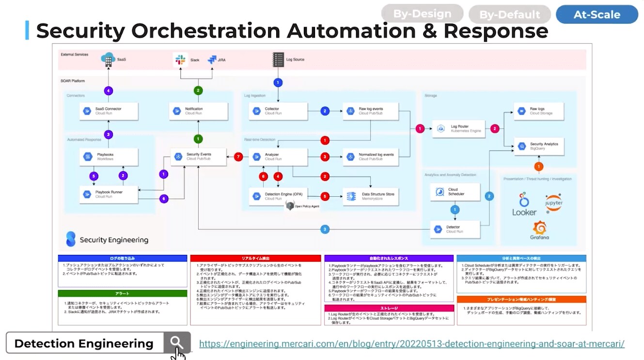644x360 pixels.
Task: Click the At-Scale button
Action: click(597, 15)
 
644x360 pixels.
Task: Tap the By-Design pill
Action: click(422, 14)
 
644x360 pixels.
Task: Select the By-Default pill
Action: click(509, 15)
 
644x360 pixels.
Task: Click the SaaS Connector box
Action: click(109, 111)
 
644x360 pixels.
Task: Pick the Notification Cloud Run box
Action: click(199, 111)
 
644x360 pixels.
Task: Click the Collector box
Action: click(278, 111)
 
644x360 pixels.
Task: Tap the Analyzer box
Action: click(278, 157)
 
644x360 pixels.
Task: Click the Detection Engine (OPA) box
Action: click(278, 196)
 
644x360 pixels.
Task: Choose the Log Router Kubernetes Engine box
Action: click(458, 128)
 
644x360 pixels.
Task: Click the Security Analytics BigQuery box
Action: click(539, 146)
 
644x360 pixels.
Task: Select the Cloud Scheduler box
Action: click(455, 192)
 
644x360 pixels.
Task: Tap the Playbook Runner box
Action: click(109, 194)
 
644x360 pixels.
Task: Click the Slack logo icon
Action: click(180, 60)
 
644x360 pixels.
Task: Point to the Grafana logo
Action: click(539, 230)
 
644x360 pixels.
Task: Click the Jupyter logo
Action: click(553, 203)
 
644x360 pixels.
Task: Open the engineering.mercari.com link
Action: click(411, 344)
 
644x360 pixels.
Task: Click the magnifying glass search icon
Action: click(177, 343)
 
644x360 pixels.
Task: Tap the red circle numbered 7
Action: click(238, 157)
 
